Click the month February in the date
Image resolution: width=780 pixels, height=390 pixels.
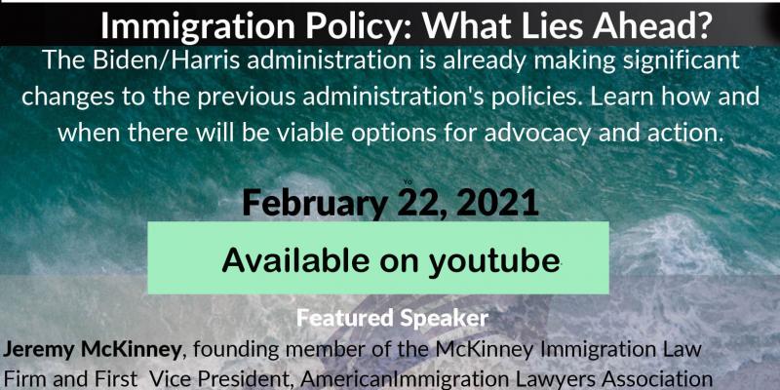(311, 204)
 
